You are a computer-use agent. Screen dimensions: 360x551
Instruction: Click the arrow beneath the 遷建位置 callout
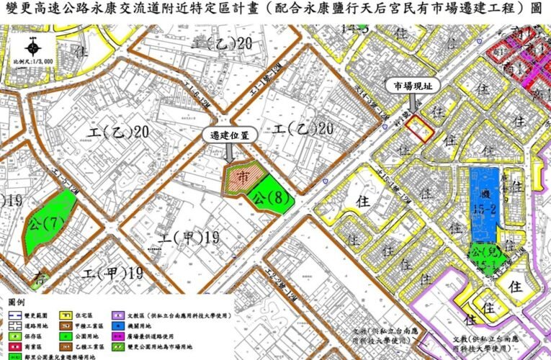pyautogui.click(x=229, y=153)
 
